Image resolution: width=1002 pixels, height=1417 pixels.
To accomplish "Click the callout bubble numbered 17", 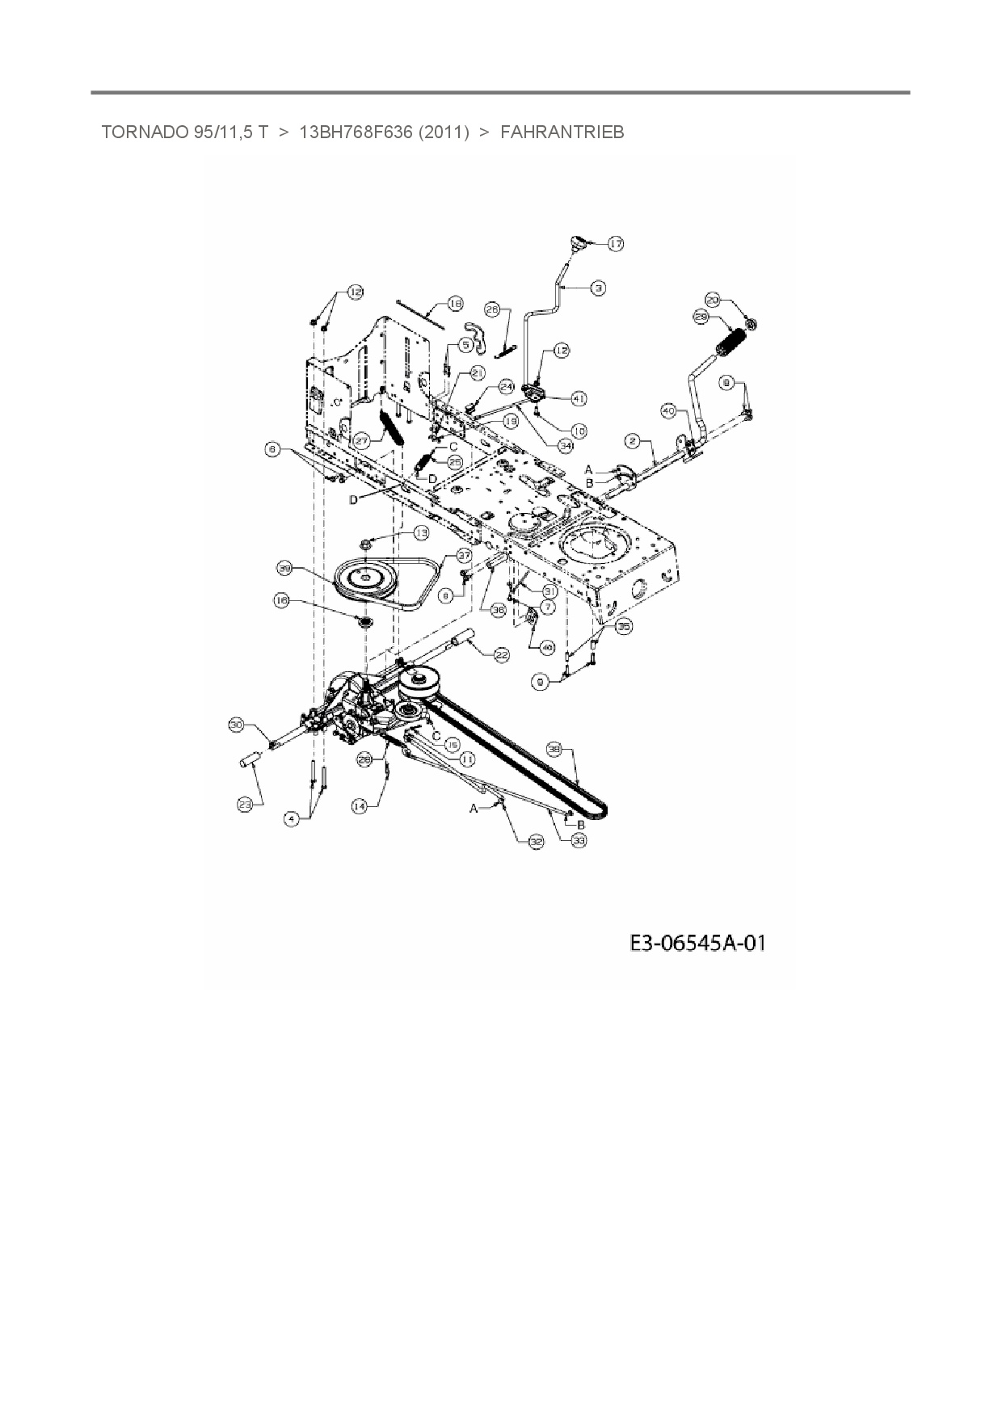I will [x=616, y=243].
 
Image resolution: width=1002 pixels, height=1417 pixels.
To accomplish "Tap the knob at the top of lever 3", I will [x=578, y=242].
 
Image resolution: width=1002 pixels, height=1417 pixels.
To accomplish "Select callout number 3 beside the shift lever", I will [x=598, y=287].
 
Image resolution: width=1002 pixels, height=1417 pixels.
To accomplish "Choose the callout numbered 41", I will [x=579, y=398].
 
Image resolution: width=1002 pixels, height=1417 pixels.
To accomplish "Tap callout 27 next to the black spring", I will [x=361, y=441].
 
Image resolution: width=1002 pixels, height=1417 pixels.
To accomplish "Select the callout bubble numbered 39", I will [x=284, y=569].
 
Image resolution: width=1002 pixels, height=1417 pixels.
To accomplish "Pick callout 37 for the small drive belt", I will [x=463, y=555].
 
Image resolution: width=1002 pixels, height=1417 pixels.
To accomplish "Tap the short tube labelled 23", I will [x=250, y=762].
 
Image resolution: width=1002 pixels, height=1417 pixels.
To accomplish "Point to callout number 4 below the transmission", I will [x=292, y=818].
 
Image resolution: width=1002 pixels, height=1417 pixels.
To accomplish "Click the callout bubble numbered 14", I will [x=360, y=805].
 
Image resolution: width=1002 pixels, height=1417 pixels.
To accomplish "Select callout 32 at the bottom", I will [x=537, y=841].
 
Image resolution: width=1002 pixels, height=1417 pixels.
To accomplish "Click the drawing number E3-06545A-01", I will [x=697, y=943].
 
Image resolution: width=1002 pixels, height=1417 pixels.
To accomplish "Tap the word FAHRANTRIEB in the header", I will [x=562, y=132].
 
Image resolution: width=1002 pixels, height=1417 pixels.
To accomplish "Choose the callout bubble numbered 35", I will [x=623, y=625].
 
